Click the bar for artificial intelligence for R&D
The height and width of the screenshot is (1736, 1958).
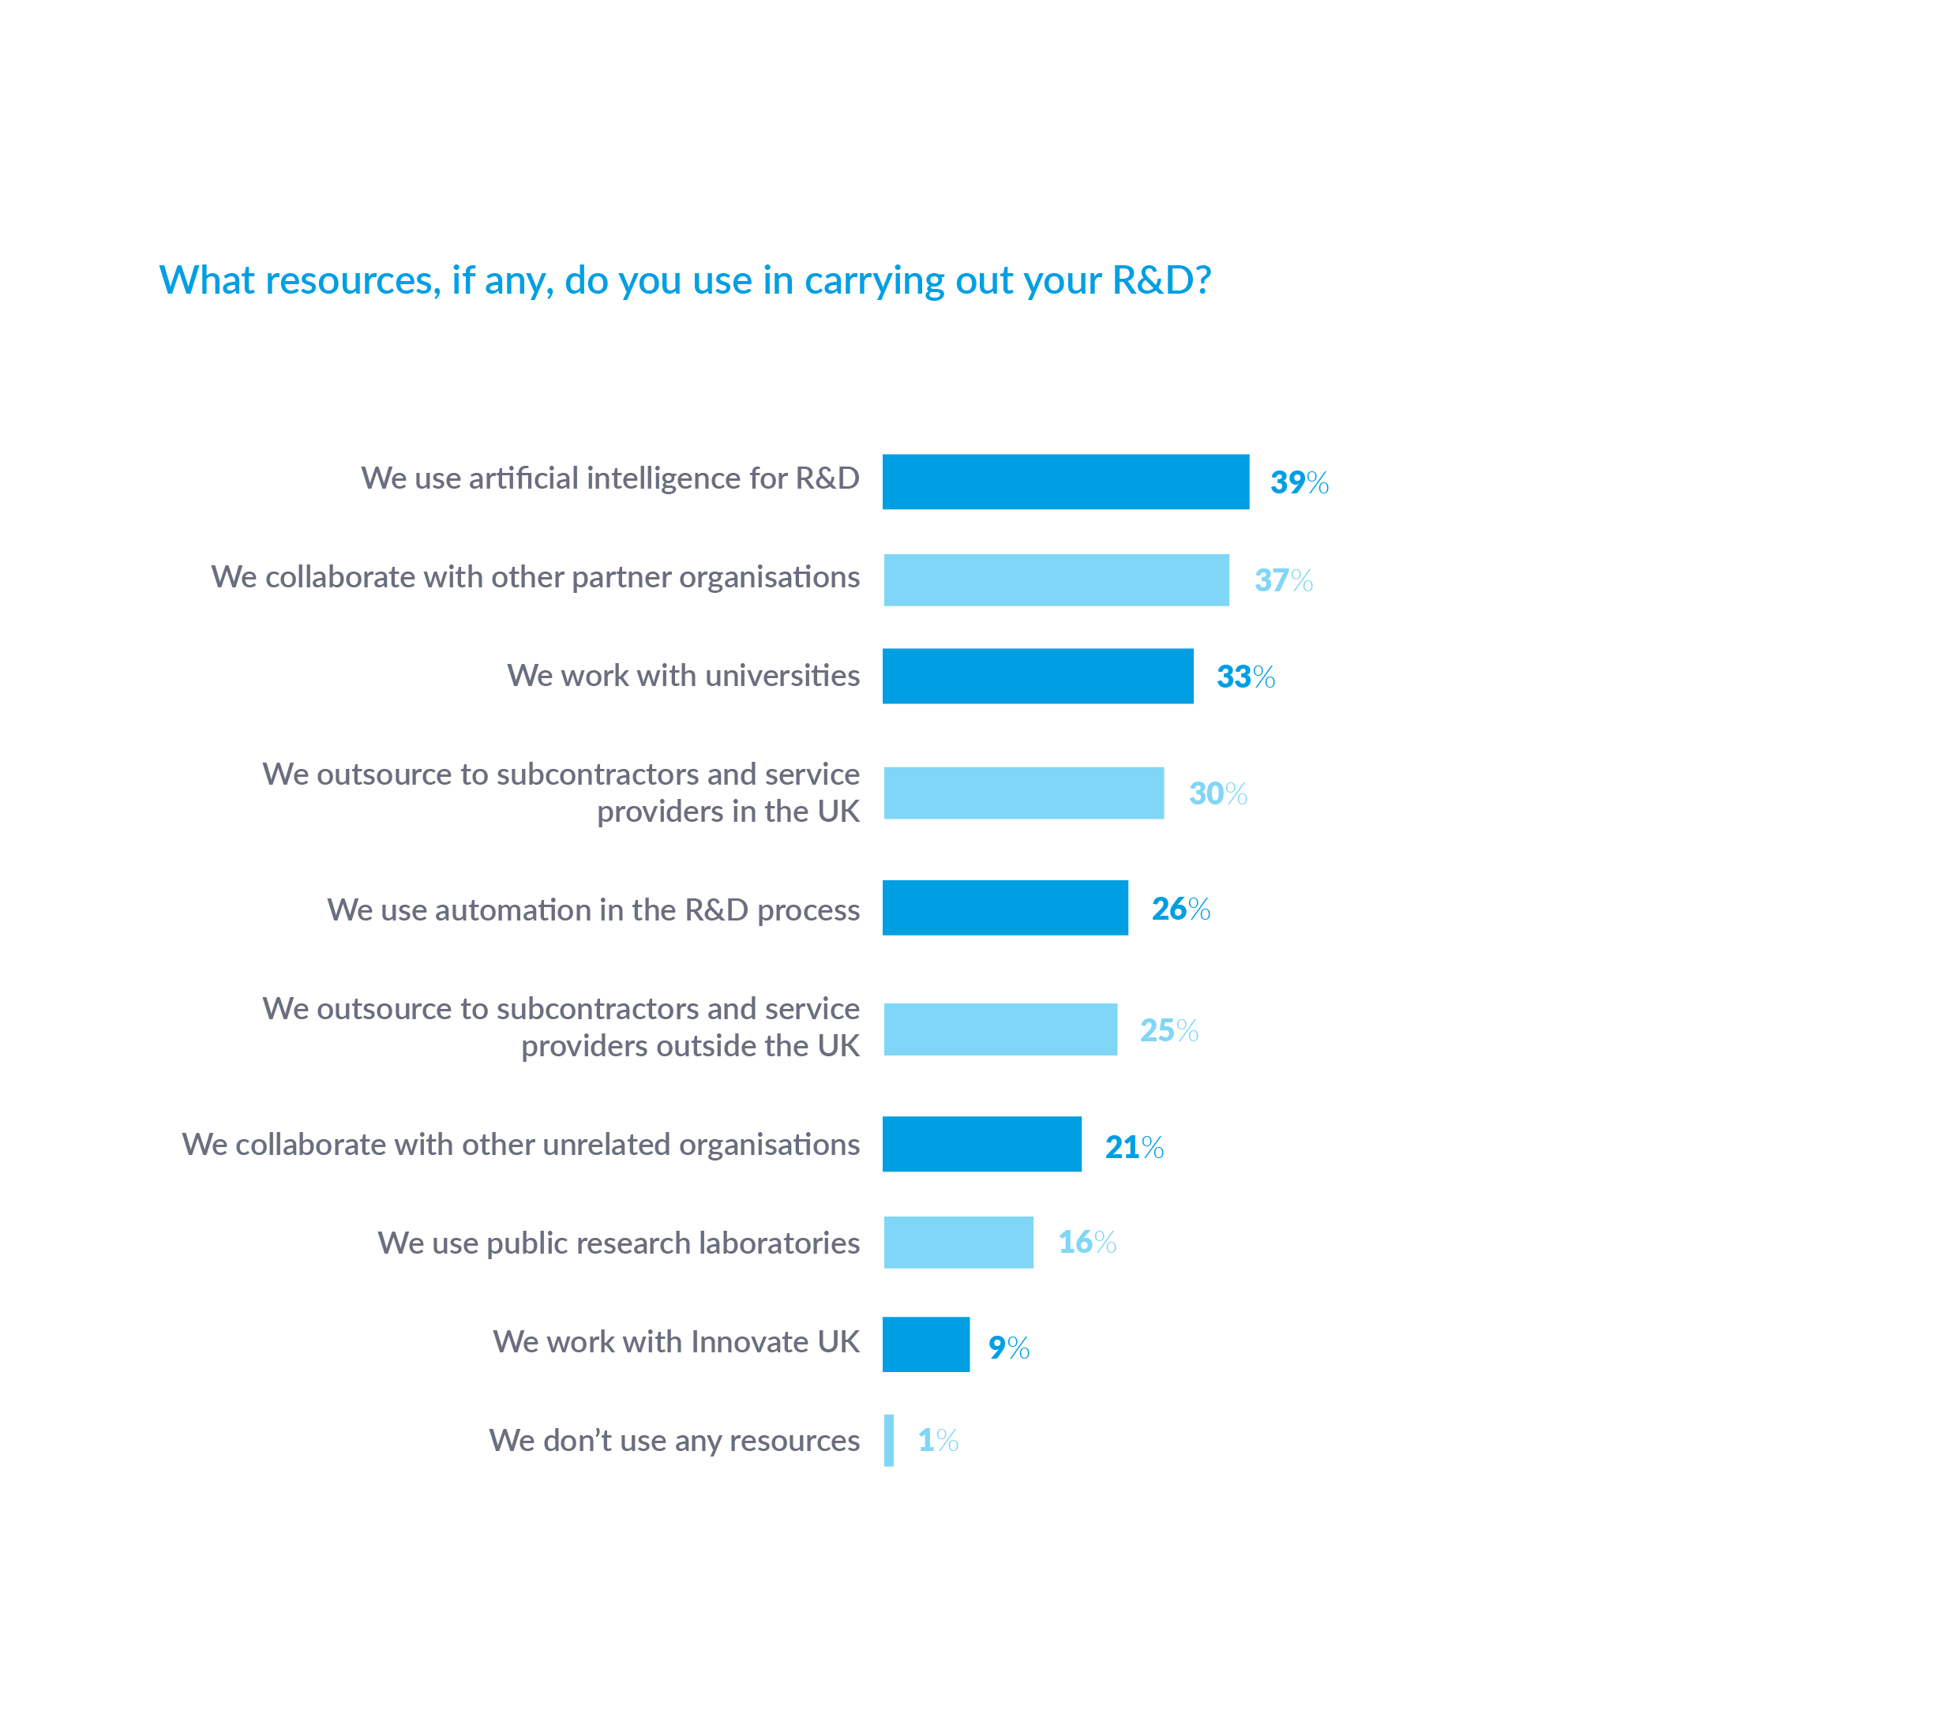coord(1065,482)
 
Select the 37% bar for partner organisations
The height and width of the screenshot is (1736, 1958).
coord(1056,579)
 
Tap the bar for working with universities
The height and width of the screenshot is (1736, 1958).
coord(1037,677)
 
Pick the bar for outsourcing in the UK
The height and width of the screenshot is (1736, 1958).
coord(1023,793)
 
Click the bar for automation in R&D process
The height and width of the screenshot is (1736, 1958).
coord(1005,908)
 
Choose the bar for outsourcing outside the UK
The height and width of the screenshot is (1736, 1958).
coord(1000,1030)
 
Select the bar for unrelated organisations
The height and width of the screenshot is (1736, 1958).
coord(982,1145)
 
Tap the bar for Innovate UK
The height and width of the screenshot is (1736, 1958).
coord(925,1344)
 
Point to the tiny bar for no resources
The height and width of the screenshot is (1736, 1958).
coord(889,1440)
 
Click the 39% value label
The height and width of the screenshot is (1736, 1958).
coord(1299,482)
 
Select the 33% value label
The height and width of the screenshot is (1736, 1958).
coord(1245,677)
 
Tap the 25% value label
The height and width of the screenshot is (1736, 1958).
coord(1168,1031)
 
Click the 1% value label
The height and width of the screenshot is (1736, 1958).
coord(938,1440)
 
